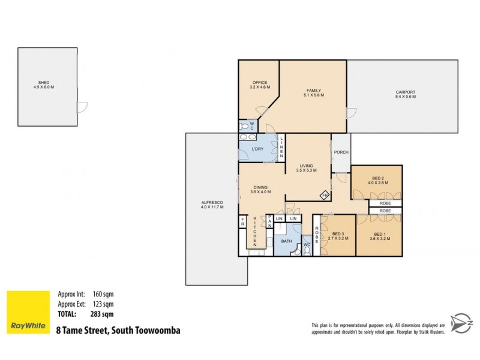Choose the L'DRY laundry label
coord(257,149)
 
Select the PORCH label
coord(341,152)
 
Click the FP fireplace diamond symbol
coord(325,195)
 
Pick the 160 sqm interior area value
coord(103,294)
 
